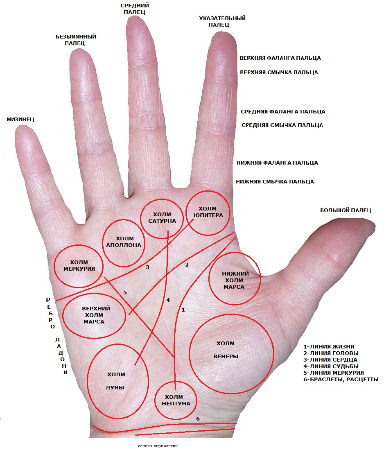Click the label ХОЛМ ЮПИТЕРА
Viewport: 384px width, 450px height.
[x=208, y=212]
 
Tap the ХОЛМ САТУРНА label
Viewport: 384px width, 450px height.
[x=162, y=217]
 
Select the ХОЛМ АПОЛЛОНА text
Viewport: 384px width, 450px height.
[x=124, y=242]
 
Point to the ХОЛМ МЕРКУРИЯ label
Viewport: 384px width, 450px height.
[x=79, y=265]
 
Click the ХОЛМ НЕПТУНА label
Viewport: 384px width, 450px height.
[x=176, y=400]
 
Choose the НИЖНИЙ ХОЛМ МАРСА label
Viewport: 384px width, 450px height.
[x=235, y=280]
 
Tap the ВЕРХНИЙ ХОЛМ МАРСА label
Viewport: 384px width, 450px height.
[x=95, y=315]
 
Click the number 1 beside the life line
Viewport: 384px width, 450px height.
[x=183, y=310]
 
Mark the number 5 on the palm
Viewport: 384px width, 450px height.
[x=125, y=292]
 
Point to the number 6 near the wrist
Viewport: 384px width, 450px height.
[x=198, y=419]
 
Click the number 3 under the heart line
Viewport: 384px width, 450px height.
[x=147, y=267]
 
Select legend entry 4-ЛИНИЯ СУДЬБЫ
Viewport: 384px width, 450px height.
[x=331, y=366]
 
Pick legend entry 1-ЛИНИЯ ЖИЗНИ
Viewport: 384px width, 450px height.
[x=329, y=346]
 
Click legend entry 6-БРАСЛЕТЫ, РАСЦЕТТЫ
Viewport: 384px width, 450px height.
[x=341, y=380]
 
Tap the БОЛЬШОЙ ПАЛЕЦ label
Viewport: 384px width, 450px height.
[x=346, y=210]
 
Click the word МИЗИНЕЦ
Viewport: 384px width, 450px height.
[x=20, y=120]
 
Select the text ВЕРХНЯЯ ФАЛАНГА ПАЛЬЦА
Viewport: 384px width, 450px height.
[x=280, y=58]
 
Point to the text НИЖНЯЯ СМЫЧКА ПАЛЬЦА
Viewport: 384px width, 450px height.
[x=275, y=182]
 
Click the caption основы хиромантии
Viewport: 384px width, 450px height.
[x=158, y=446]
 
